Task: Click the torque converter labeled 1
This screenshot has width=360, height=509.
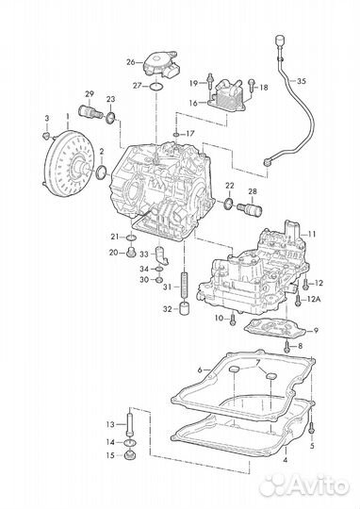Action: tap(69, 163)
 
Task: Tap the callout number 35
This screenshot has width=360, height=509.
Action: tap(302, 81)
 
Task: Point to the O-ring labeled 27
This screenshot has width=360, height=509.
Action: tap(156, 87)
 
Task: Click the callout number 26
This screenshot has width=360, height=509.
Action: tap(130, 61)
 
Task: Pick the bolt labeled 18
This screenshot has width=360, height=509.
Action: tap(252, 85)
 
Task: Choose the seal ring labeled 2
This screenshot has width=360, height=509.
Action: tap(102, 172)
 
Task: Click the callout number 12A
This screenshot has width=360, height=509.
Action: tap(314, 299)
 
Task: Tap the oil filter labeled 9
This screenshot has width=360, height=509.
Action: tap(274, 330)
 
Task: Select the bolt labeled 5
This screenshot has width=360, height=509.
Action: tap(312, 426)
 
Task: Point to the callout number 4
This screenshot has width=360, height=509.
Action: tap(286, 460)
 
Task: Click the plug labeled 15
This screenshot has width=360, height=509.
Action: tap(130, 454)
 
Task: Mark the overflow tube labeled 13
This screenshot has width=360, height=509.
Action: tap(130, 422)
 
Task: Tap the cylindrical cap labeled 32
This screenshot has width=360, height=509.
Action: tap(185, 308)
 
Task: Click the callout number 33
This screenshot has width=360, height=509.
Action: tap(144, 254)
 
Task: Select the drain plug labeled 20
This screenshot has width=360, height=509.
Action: tap(132, 252)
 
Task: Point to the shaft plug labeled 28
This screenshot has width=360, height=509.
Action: tap(250, 208)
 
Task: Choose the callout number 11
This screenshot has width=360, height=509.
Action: tap(312, 234)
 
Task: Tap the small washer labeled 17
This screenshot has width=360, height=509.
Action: tap(175, 134)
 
